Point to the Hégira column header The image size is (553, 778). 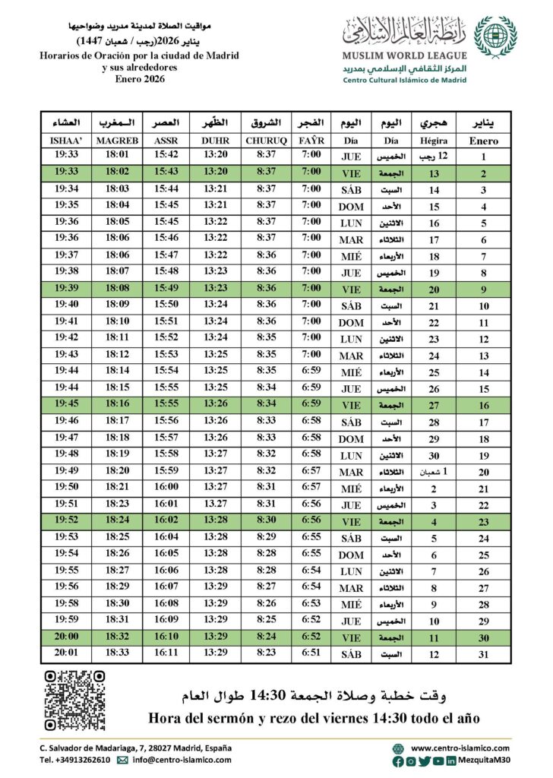click(x=434, y=141)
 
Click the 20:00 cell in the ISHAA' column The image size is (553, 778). click(x=66, y=637)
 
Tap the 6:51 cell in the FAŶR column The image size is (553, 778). click(x=311, y=654)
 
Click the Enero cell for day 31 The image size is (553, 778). click(x=484, y=654)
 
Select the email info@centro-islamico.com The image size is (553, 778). click(x=183, y=759)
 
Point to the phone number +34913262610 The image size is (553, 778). click(x=74, y=759)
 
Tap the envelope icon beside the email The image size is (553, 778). click(x=122, y=759)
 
